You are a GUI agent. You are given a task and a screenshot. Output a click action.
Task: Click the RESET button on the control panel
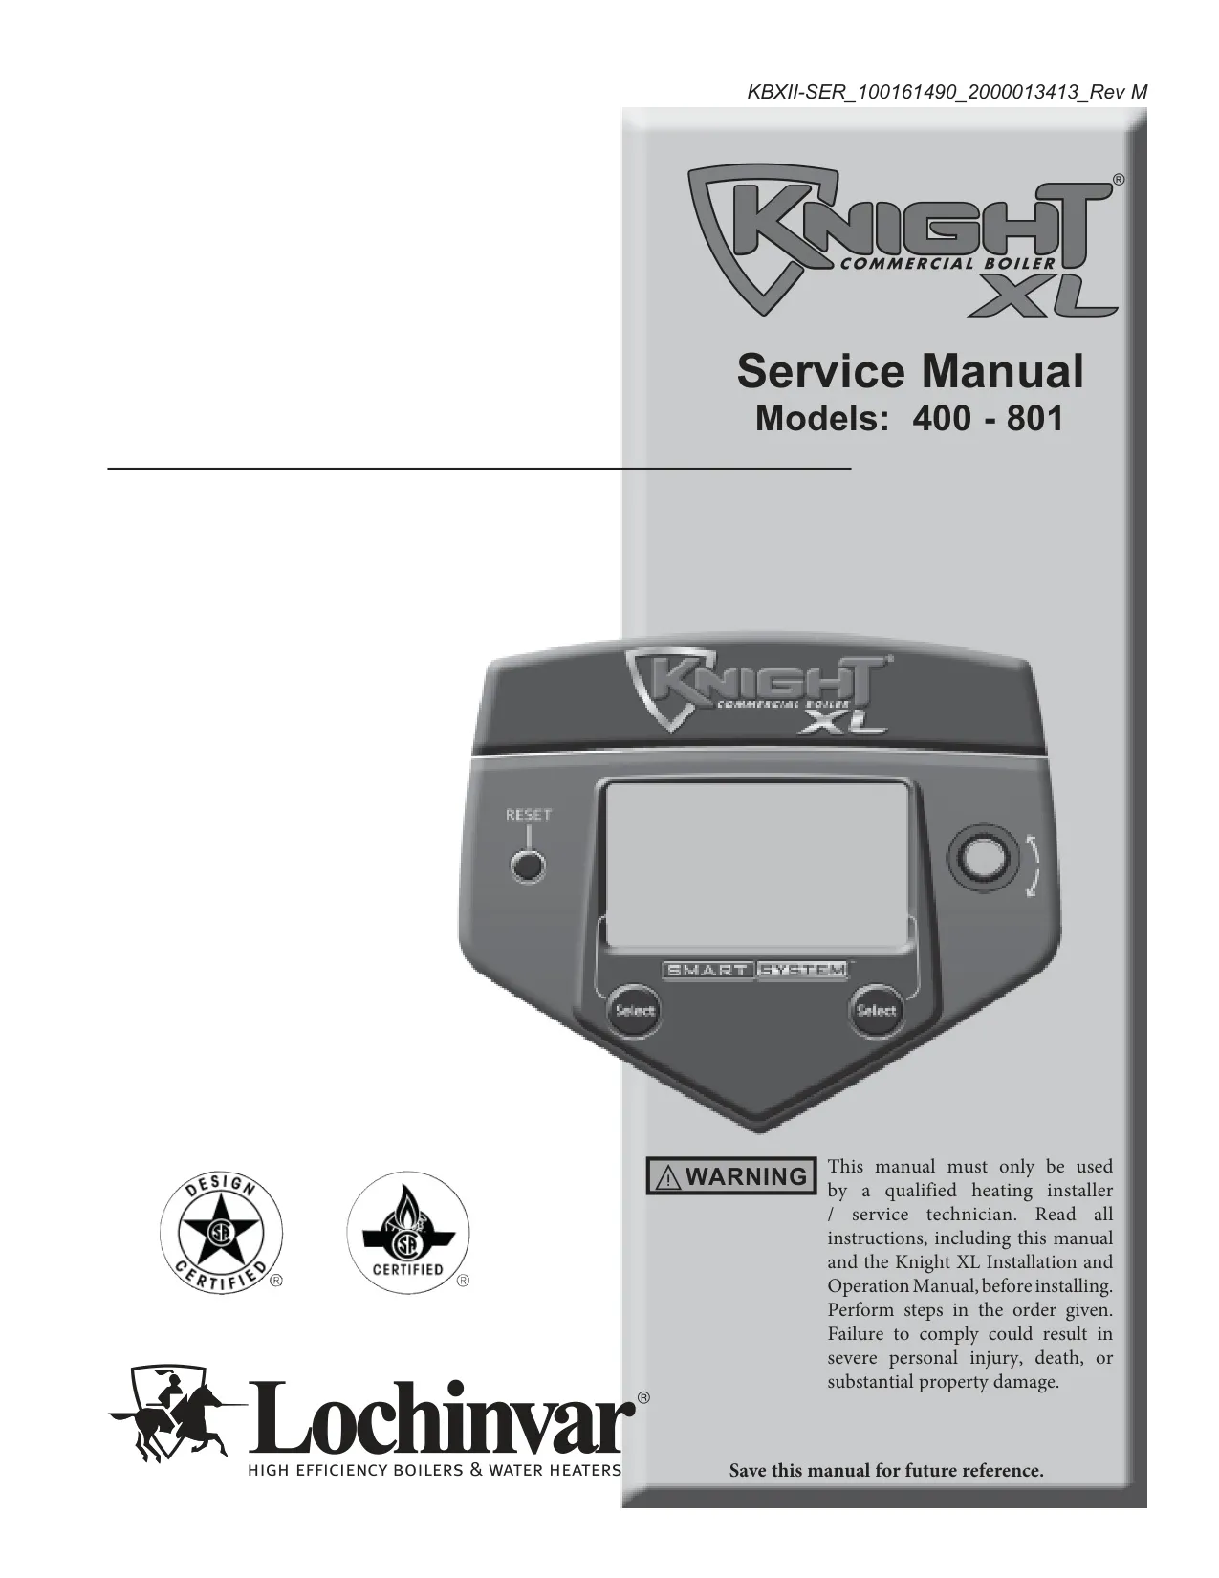click(528, 866)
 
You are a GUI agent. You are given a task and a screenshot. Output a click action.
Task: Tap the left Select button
click(634, 1010)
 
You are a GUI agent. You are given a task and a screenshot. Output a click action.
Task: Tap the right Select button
click(876, 1010)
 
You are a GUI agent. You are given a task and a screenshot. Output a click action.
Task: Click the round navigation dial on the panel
click(983, 860)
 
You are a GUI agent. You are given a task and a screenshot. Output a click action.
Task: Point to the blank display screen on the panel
click(756, 865)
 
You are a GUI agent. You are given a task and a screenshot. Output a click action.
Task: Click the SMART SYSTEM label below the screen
click(755, 970)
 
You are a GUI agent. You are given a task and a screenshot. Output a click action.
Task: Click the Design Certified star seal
click(221, 1233)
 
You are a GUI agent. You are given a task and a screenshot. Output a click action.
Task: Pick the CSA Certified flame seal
click(408, 1233)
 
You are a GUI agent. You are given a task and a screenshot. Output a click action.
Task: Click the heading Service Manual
click(910, 372)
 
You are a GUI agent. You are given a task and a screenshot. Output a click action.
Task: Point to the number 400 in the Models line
click(941, 419)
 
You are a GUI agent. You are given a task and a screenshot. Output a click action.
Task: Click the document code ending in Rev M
click(947, 92)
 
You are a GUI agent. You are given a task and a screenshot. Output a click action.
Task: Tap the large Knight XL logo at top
click(903, 243)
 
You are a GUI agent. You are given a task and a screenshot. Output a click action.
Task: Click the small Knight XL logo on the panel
click(758, 692)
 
